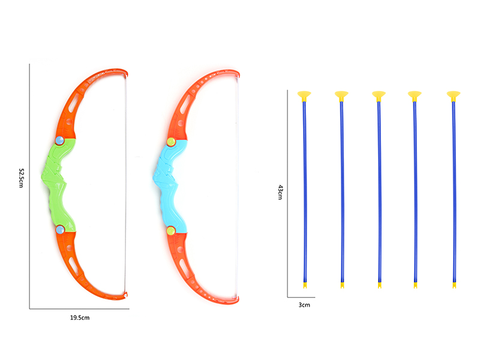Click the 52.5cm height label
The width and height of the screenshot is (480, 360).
coord(20,178)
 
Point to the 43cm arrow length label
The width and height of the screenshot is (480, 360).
coord(280,193)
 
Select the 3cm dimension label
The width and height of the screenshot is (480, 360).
coord(304,305)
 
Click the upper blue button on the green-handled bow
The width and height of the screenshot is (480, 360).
coord(59,140)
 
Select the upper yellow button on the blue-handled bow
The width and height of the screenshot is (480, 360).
coord(170,142)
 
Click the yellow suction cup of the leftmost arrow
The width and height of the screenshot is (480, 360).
coord(305,95)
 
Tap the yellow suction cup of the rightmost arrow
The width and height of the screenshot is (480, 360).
coord(454,95)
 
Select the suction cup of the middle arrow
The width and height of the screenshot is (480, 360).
coord(379,95)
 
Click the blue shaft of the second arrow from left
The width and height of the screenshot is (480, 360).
coord(342,192)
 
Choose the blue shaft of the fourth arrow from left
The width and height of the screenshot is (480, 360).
coord(415,192)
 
